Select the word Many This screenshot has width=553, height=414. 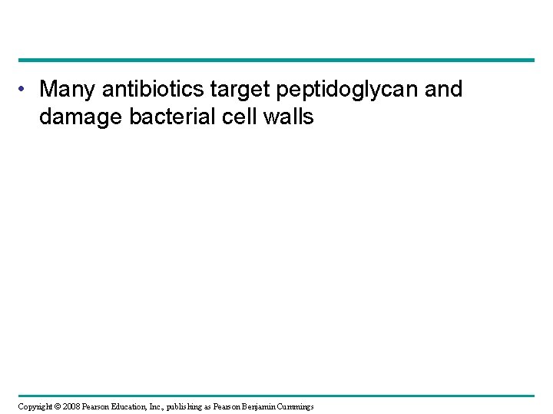tap(65, 90)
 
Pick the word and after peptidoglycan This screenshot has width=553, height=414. tap(440, 90)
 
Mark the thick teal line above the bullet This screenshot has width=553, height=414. tap(276, 60)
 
